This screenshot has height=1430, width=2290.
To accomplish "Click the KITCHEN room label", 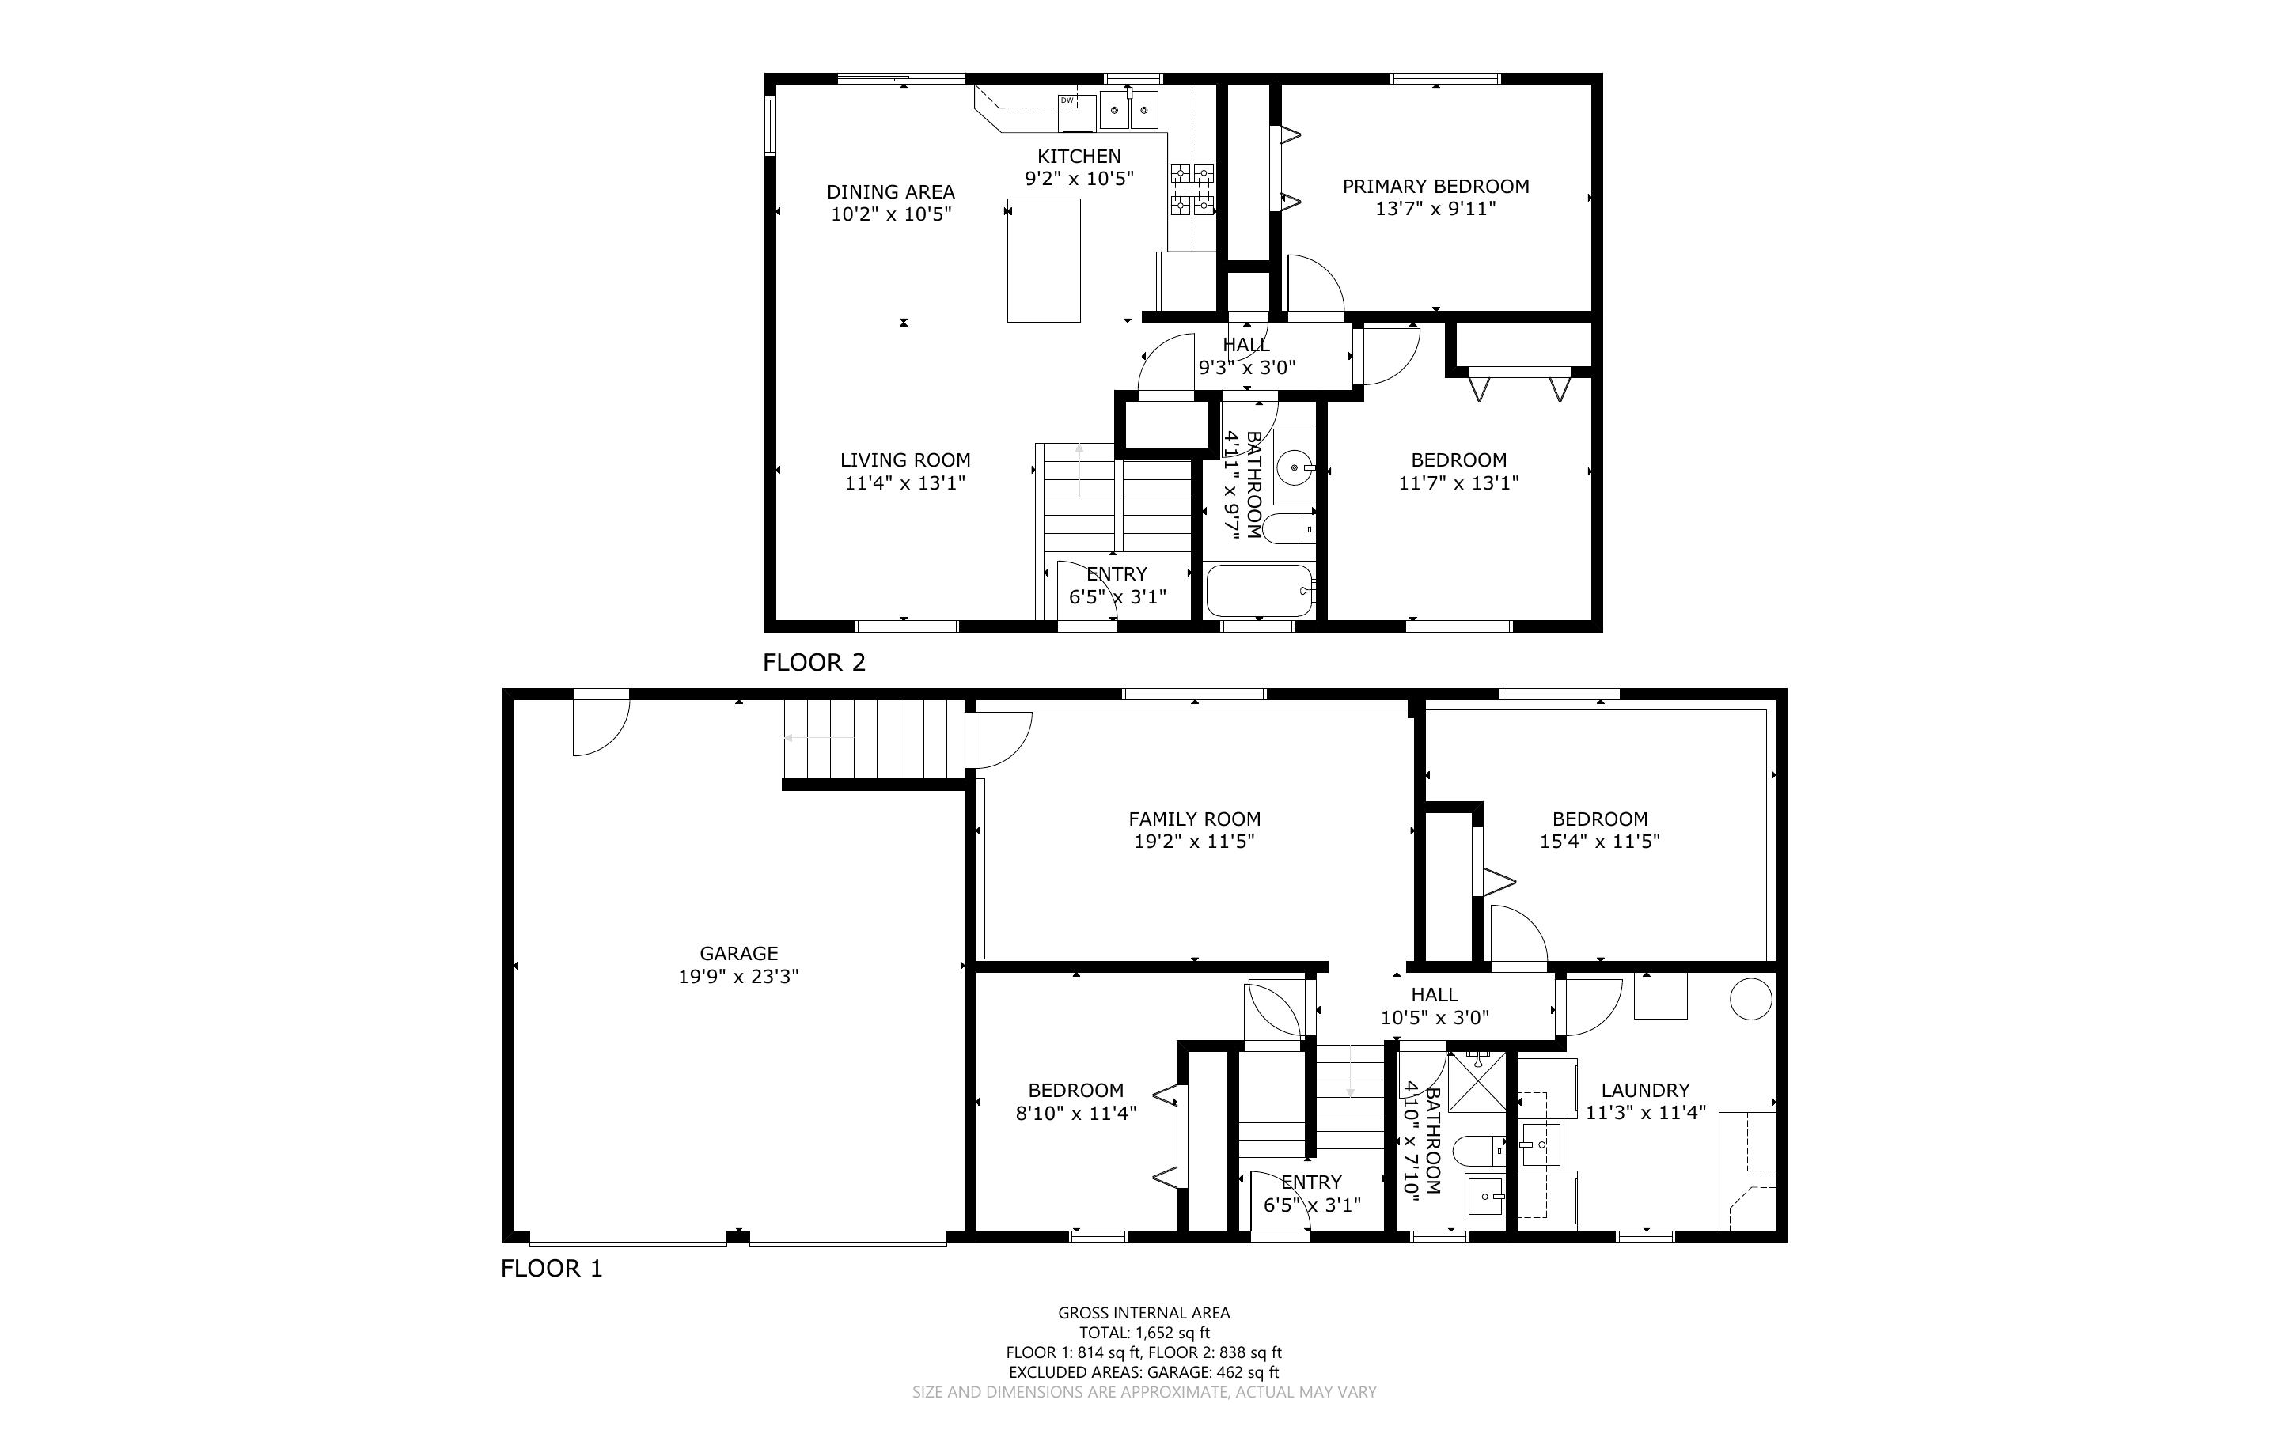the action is [1079, 156].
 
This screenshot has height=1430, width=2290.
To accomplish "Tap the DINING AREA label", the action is [890, 192].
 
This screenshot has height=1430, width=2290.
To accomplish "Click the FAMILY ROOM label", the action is [1194, 819].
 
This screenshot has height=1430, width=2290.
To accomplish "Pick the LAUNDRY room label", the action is [1645, 1090].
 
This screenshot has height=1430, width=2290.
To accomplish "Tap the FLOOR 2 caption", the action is [813, 662].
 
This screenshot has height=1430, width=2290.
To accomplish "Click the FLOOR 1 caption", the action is [552, 1269].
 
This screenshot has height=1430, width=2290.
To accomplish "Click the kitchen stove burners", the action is [1192, 189].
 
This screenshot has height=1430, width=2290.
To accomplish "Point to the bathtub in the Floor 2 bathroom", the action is [1260, 590].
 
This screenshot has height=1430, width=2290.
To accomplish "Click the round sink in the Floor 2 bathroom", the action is [1293, 467].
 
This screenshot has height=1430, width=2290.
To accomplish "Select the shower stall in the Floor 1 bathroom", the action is [1477, 1079].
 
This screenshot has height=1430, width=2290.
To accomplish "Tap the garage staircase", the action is [866, 739].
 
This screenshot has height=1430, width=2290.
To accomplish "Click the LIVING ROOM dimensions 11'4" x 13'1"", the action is [904, 483].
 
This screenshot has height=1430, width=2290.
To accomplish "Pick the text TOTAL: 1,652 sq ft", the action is [1143, 1333].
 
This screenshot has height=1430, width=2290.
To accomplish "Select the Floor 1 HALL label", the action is [1434, 995].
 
